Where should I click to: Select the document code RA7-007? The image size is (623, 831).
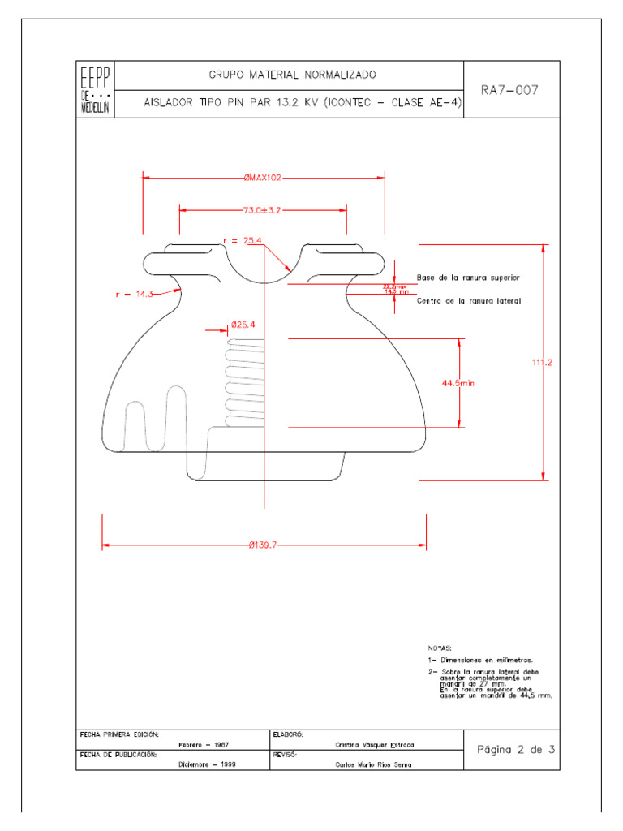pos(509,90)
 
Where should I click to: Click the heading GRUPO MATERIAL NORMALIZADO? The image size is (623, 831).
pos(292,75)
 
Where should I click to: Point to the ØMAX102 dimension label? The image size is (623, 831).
pos(263,177)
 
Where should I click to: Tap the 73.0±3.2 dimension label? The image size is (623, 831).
pos(261,210)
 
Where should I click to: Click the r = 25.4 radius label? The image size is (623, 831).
pos(243,240)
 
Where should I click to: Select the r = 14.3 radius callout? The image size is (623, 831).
pos(134,295)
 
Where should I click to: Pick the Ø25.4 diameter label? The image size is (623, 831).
pos(243,325)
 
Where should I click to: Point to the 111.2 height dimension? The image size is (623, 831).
pos(542,363)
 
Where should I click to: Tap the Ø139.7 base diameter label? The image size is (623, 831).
pos(263,545)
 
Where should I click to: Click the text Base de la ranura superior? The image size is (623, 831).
pos(468,278)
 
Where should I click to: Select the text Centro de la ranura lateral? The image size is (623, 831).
pos(468,301)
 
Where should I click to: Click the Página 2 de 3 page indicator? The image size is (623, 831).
pos(515,749)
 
